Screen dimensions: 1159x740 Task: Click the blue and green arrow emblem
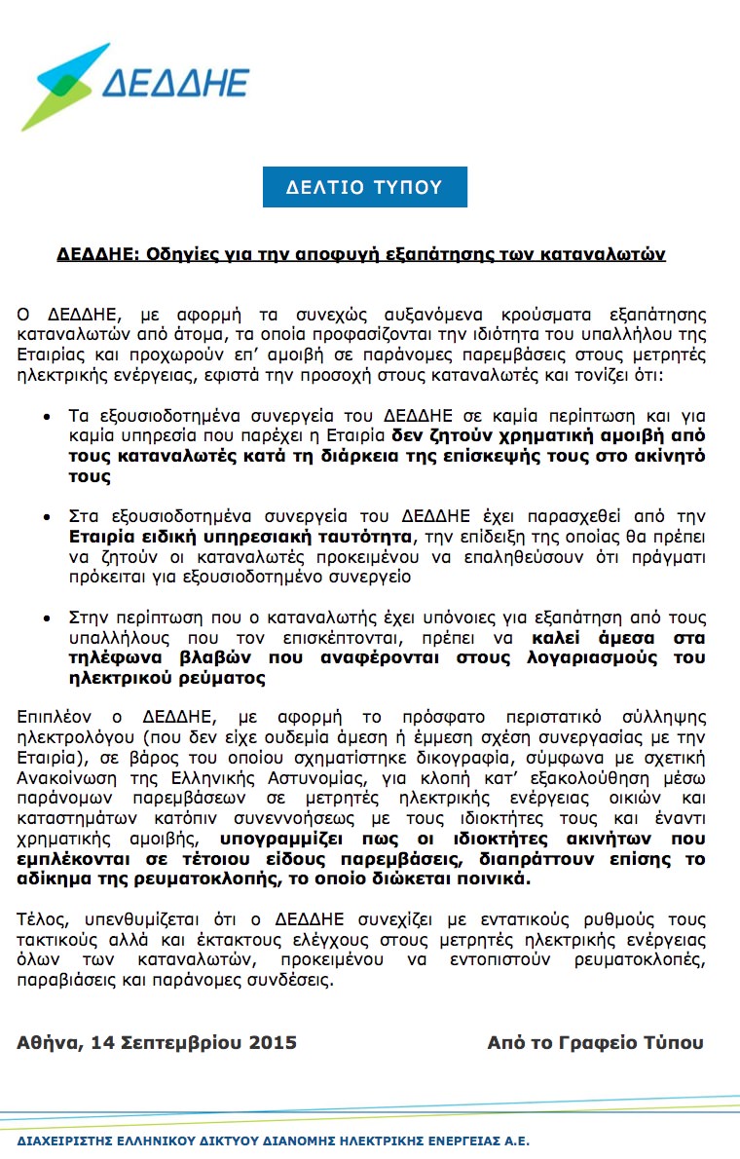click(62, 86)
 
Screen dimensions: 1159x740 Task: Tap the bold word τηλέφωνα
click(114, 656)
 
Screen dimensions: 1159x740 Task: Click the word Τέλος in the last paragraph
click(38, 919)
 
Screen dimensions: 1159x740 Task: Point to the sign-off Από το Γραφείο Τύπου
click(595, 1042)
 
